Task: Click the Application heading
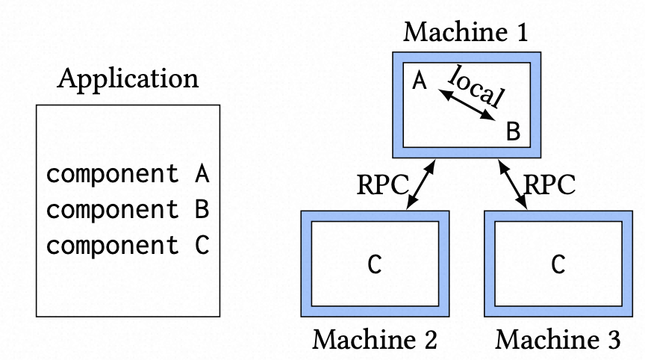(128, 79)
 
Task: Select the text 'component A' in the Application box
(127, 175)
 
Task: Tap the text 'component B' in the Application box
(127, 210)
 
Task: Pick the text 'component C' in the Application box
(127, 245)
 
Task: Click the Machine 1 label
(466, 33)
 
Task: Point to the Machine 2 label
(375, 340)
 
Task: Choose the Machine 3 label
(558, 340)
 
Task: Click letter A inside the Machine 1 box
(420, 81)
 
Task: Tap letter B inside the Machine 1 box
(513, 132)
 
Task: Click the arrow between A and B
(467, 105)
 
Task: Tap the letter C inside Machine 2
(375, 264)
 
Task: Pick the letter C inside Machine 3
(558, 264)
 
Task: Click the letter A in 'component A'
(202, 175)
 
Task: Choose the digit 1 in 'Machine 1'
(520, 33)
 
